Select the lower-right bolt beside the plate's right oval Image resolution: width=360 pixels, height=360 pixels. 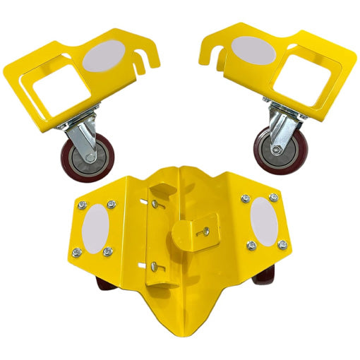click(282, 244)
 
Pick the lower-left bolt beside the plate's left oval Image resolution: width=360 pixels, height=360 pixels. click(77, 248)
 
